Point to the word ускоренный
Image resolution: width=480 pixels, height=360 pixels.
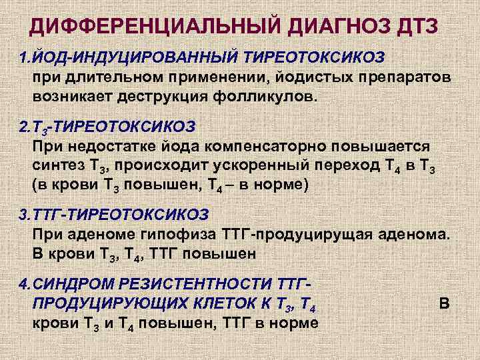(x=255, y=165)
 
